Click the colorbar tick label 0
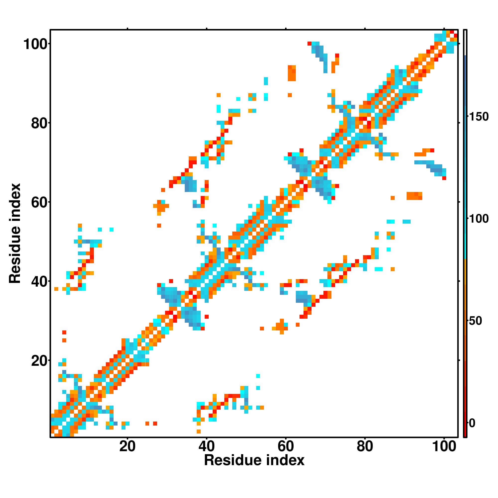tap(472, 423)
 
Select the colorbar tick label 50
tap(475, 321)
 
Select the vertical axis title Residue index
tap(15, 233)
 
